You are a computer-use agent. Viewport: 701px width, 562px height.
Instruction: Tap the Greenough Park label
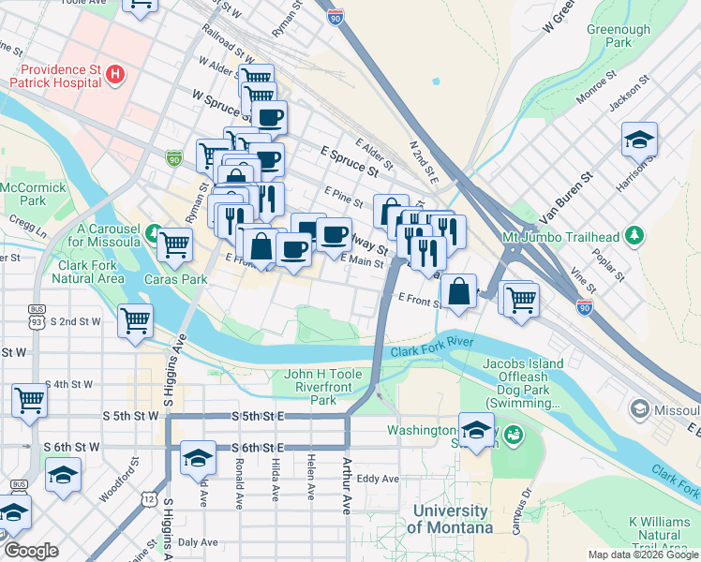pos(618,37)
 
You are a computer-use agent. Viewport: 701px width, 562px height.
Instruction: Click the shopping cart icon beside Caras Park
pos(174,244)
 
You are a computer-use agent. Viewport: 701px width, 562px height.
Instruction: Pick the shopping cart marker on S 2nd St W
pos(135,319)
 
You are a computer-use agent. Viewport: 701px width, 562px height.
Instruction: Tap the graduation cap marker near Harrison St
pos(639,140)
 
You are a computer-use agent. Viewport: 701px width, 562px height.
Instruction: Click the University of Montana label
pos(453,520)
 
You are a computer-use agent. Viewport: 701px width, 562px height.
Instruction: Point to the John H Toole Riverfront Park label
pos(322,387)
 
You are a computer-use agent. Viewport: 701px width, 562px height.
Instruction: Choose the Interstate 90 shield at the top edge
pos(336,16)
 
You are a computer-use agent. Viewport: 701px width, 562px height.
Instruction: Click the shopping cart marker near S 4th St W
pos(29,400)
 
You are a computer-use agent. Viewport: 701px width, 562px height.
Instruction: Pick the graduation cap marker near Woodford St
pos(63,474)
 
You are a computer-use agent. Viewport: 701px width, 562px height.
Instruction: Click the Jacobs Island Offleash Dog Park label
pos(523,383)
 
